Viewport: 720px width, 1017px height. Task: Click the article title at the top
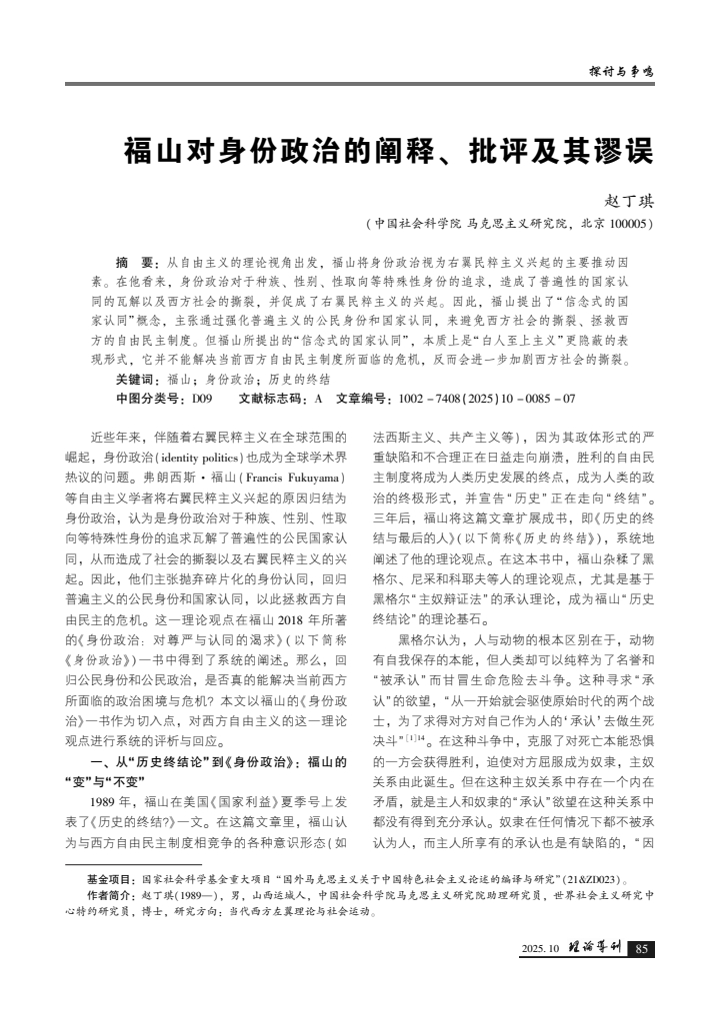coord(387,152)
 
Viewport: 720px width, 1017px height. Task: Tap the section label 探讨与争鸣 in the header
coord(619,72)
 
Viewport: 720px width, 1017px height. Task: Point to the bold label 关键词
coord(137,380)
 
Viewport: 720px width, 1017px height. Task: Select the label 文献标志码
coord(270,399)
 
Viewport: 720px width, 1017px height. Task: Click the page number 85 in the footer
coord(641,948)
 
